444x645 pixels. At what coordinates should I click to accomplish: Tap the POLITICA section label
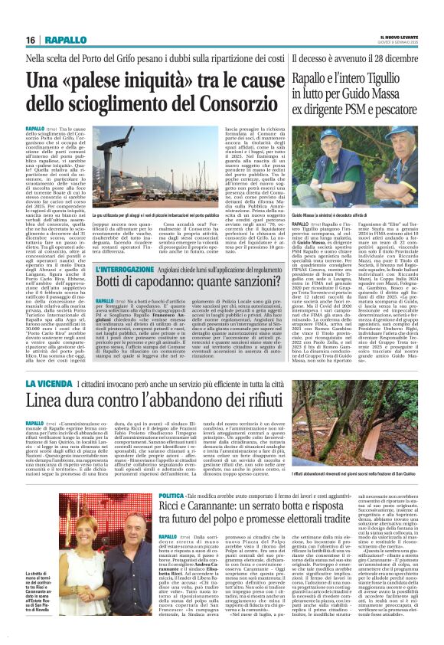(171, 497)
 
